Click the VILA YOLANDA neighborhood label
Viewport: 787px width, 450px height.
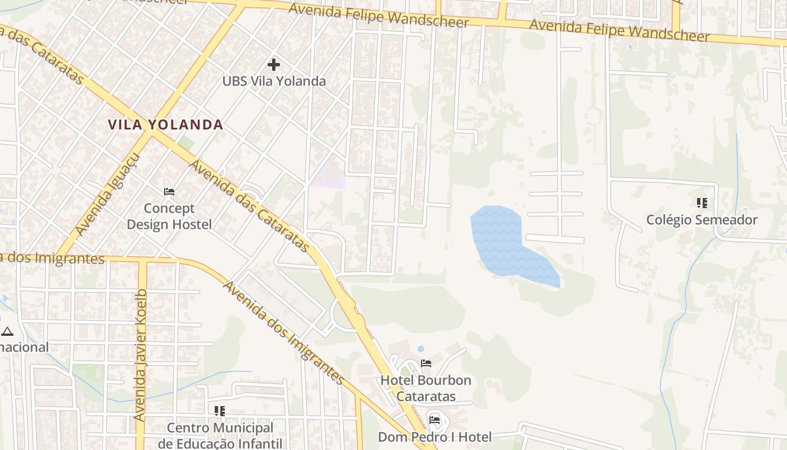pyautogui.click(x=165, y=125)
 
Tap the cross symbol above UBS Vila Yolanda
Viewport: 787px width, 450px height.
pyautogui.click(x=274, y=65)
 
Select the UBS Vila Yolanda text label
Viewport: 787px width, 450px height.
pyautogui.click(x=274, y=81)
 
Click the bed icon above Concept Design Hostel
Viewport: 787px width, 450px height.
pyautogui.click(x=169, y=192)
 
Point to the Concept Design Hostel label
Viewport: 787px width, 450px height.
pyautogui.click(x=169, y=217)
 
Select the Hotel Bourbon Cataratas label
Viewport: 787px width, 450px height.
pyautogui.click(x=426, y=388)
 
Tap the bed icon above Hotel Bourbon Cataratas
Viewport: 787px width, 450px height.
pyautogui.click(x=426, y=363)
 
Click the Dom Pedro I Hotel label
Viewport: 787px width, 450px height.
pyautogui.click(x=435, y=437)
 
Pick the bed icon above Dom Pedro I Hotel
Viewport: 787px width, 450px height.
pyautogui.click(x=435, y=420)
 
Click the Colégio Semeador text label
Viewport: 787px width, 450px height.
pyautogui.click(x=702, y=220)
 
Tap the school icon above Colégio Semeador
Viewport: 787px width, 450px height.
pyautogui.click(x=702, y=202)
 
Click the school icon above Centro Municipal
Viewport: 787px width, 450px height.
pyautogui.click(x=220, y=411)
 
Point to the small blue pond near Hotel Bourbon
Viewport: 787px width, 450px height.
pyautogui.click(x=420, y=349)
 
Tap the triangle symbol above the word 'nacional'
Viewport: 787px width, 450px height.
pyautogui.click(x=7, y=331)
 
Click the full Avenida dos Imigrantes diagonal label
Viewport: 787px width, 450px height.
pyautogui.click(x=283, y=333)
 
